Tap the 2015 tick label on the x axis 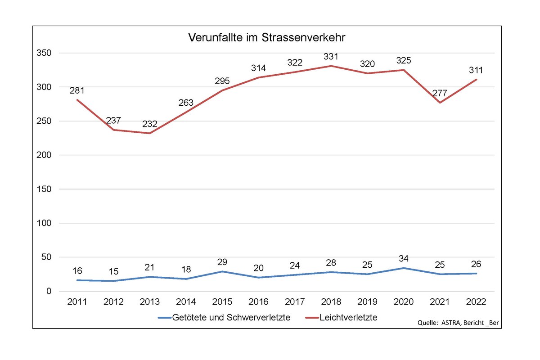tap(222, 301)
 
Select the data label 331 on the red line tap(331, 57)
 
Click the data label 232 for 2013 tap(149, 124)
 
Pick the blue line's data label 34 tap(404, 259)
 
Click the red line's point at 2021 tap(440, 103)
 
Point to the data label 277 tap(440, 94)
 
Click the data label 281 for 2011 tap(77, 90)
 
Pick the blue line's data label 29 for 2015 tap(222, 262)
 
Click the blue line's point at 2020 tap(404, 268)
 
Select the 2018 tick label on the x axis tap(331, 301)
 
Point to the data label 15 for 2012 tap(113, 272)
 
